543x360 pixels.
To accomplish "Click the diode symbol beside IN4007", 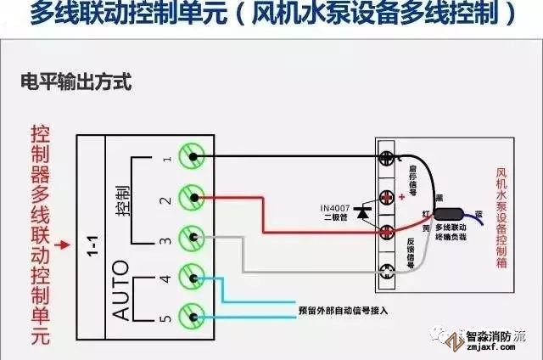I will pyautogui.click(x=363, y=212).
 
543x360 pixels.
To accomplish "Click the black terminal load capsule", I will pyautogui.click(x=450, y=214).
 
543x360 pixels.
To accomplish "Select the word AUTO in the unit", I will pyautogui.click(x=121, y=290).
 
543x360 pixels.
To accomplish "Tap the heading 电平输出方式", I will pyautogui.click(x=76, y=83).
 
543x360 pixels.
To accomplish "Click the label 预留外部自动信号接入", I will pyautogui.click(x=343, y=310).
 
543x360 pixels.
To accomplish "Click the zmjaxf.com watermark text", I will pyautogui.click(x=492, y=346).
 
